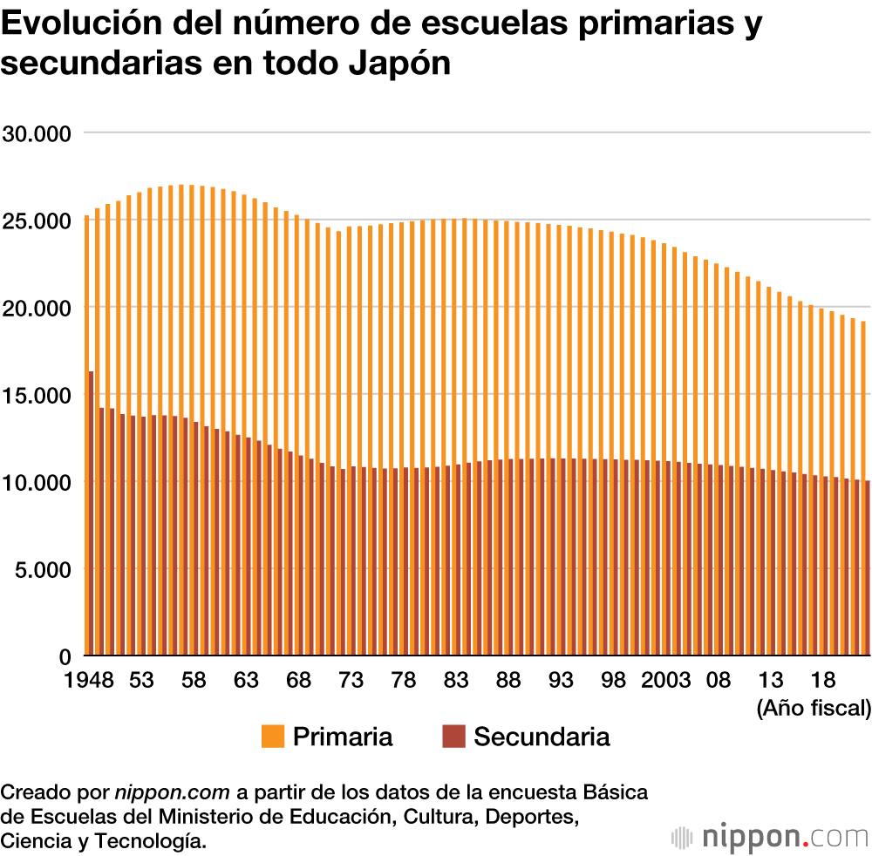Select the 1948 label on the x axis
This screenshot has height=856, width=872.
pyautogui.click(x=89, y=680)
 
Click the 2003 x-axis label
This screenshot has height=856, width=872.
pyautogui.click(x=667, y=680)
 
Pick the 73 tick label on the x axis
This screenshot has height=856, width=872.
pyautogui.click(x=351, y=680)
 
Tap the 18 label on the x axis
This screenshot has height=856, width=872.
pyautogui.click(x=822, y=680)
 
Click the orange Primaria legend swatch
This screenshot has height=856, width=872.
pyautogui.click(x=273, y=737)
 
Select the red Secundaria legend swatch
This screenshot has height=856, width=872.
pyautogui.click(x=454, y=737)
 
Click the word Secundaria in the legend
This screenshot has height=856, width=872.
pyautogui.click(x=542, y=737)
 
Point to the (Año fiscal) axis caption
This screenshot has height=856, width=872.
pyautogui.click(x=814, y=707)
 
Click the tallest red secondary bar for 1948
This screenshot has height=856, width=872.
pyautogui.click(x=91, y=513)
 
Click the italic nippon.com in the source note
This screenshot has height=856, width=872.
pyautogui.click(x=173, y=792)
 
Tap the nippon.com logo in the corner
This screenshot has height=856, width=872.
pyautogui.click(x=771, y=837)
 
